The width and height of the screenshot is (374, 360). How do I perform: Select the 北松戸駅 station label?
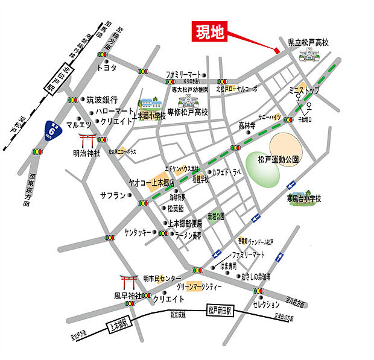54,79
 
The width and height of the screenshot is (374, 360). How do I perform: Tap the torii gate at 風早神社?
128,282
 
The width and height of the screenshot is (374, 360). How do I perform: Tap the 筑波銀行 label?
101,99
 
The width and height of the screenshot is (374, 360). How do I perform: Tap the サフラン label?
113,196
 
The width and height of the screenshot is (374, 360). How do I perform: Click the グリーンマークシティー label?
204,286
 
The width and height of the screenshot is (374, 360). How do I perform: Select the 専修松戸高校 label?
188,112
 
